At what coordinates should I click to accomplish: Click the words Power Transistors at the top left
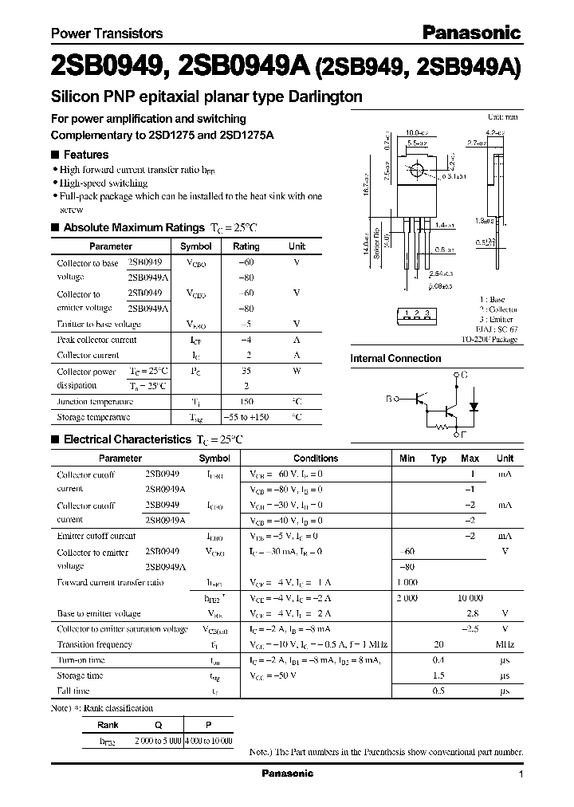tap(107, 33)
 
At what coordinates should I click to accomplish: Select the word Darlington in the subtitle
tap(324, 96)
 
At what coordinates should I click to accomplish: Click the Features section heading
tap(85, 155)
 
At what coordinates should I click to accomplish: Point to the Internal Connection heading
tap(395, 358)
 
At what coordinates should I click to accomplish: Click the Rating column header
tap(246, 246)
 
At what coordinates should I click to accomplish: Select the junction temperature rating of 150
tap(246, 402)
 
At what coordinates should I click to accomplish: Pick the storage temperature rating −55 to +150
tap(246, 417)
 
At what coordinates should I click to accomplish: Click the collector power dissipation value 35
tap(246, 371)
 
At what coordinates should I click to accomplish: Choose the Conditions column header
tap(316, 459)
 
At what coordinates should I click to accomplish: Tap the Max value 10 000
tap(469, 598)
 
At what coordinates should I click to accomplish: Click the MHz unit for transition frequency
tap(505, 644)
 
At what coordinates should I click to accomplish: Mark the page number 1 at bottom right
tap(521, 774)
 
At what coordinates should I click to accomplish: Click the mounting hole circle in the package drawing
tap(415, 171)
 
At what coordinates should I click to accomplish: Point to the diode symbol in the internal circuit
tap(475, 405)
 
